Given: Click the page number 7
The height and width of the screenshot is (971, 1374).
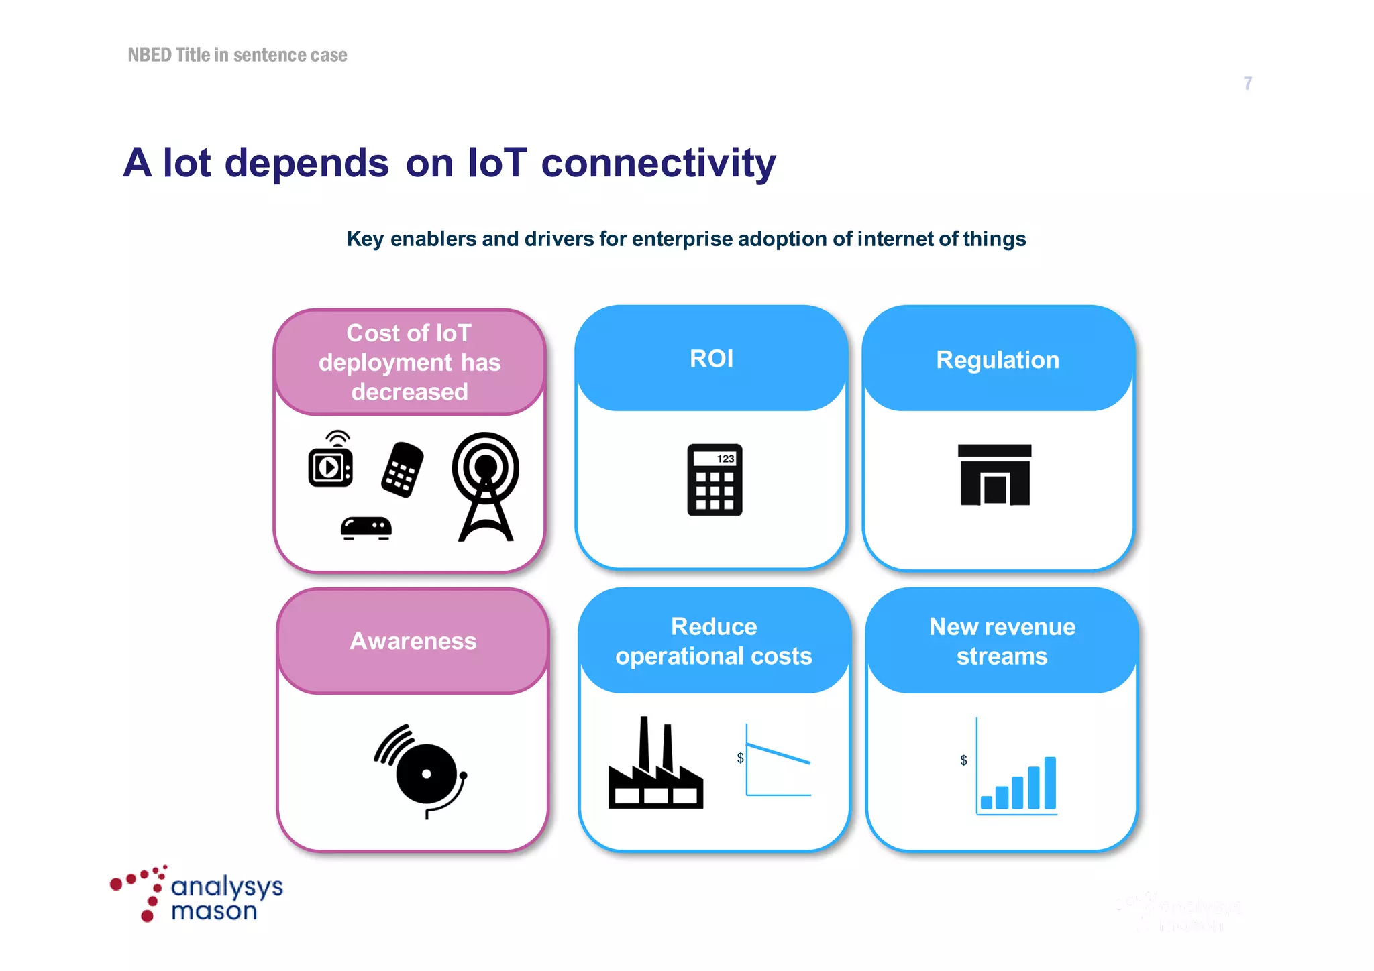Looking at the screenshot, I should tap(1247, 83).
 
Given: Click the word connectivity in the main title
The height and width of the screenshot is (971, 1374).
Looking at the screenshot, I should tap(658, 163).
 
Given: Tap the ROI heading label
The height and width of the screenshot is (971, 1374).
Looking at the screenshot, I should tap(711, 359).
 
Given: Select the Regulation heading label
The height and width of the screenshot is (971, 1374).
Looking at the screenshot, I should tap(998, 360).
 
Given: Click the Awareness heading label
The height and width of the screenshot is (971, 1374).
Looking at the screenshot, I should tap(413, 641).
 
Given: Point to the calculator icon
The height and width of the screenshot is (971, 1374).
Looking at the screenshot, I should tap(715, 480).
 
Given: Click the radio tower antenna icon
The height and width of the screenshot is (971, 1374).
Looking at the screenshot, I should tap(486, 486).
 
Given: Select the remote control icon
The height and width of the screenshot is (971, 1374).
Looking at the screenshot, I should tap(403, 469).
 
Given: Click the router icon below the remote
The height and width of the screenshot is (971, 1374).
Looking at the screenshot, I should tap(366, 528).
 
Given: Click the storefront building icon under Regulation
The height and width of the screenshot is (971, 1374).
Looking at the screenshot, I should tap(994, 475).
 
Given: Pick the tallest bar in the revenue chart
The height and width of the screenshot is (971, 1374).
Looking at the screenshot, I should tap(1050, 783).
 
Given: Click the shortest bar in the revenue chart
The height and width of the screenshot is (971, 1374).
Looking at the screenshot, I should tap(986, 802).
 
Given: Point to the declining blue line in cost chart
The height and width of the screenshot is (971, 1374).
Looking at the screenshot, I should tap(778, 754).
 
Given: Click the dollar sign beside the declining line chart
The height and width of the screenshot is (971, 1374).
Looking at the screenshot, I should tap(740, 758).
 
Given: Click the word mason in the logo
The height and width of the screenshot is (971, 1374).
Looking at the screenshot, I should tap(214, 911).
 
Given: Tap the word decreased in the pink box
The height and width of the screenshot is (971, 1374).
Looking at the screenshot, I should tap(409, 392).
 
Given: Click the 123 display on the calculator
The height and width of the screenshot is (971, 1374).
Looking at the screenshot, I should tap(725, 459).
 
